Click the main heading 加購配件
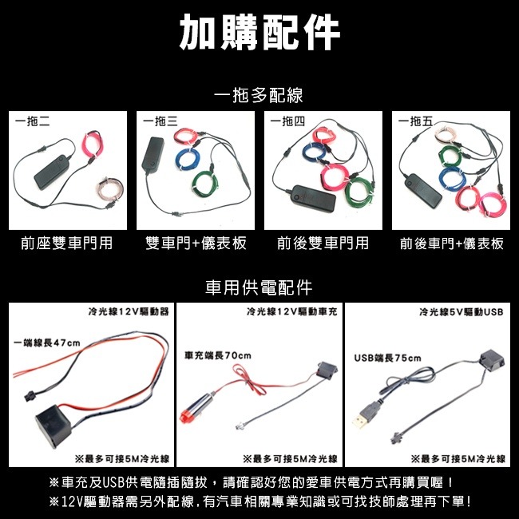coord(259,33)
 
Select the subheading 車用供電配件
coord(259,287)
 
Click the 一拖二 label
coord(34,121)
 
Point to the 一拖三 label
coord(160,121)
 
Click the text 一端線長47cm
coord(47,343)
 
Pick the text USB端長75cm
coord(387,359)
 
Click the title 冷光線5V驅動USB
coord(462,311)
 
